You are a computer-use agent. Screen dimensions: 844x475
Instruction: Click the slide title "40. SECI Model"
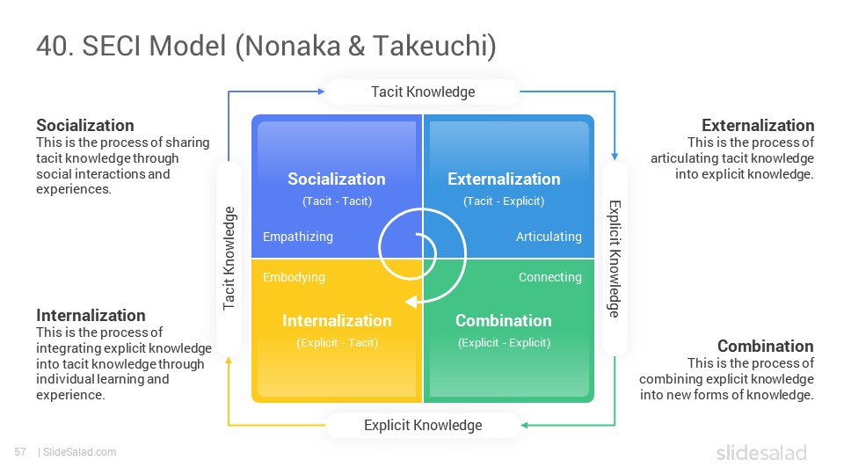pos(131,45)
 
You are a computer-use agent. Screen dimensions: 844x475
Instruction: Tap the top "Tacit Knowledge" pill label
pos(423,92)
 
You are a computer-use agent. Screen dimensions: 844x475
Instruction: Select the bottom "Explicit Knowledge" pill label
pos(423,426)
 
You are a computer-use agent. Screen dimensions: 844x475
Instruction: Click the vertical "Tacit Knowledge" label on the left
pos(229,258)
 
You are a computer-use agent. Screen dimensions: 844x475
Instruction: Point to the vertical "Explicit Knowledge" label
pos(615,259)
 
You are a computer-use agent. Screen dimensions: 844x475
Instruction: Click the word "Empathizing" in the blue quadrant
pos(298,237)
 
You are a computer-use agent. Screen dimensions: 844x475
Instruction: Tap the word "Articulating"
pos(549,237)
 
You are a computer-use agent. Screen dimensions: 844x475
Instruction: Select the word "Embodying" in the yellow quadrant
pos(294,277)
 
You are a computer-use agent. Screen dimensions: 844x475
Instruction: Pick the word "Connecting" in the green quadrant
pos(550,277)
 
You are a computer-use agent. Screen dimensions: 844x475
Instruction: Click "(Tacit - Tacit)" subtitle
pos(337,201)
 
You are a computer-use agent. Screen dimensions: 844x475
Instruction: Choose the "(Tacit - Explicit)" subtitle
pos(504,201)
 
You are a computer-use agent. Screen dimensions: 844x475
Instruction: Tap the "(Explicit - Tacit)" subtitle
pos(337,343)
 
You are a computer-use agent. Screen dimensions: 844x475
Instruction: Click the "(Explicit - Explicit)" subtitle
pos(505,343)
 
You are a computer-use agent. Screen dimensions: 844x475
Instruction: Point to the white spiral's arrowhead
pos(411,302)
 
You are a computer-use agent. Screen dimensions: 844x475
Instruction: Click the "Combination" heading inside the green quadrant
pos(503,320)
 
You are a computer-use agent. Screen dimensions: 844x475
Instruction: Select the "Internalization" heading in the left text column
pos(91,315)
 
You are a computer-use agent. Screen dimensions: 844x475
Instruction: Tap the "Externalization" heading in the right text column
pos(758,126)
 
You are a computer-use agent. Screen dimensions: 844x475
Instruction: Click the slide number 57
pos(20,452)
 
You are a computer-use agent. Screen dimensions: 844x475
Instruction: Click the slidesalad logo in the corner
pos(761,453)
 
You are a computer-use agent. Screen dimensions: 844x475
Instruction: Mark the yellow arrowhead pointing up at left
pos(229,361)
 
